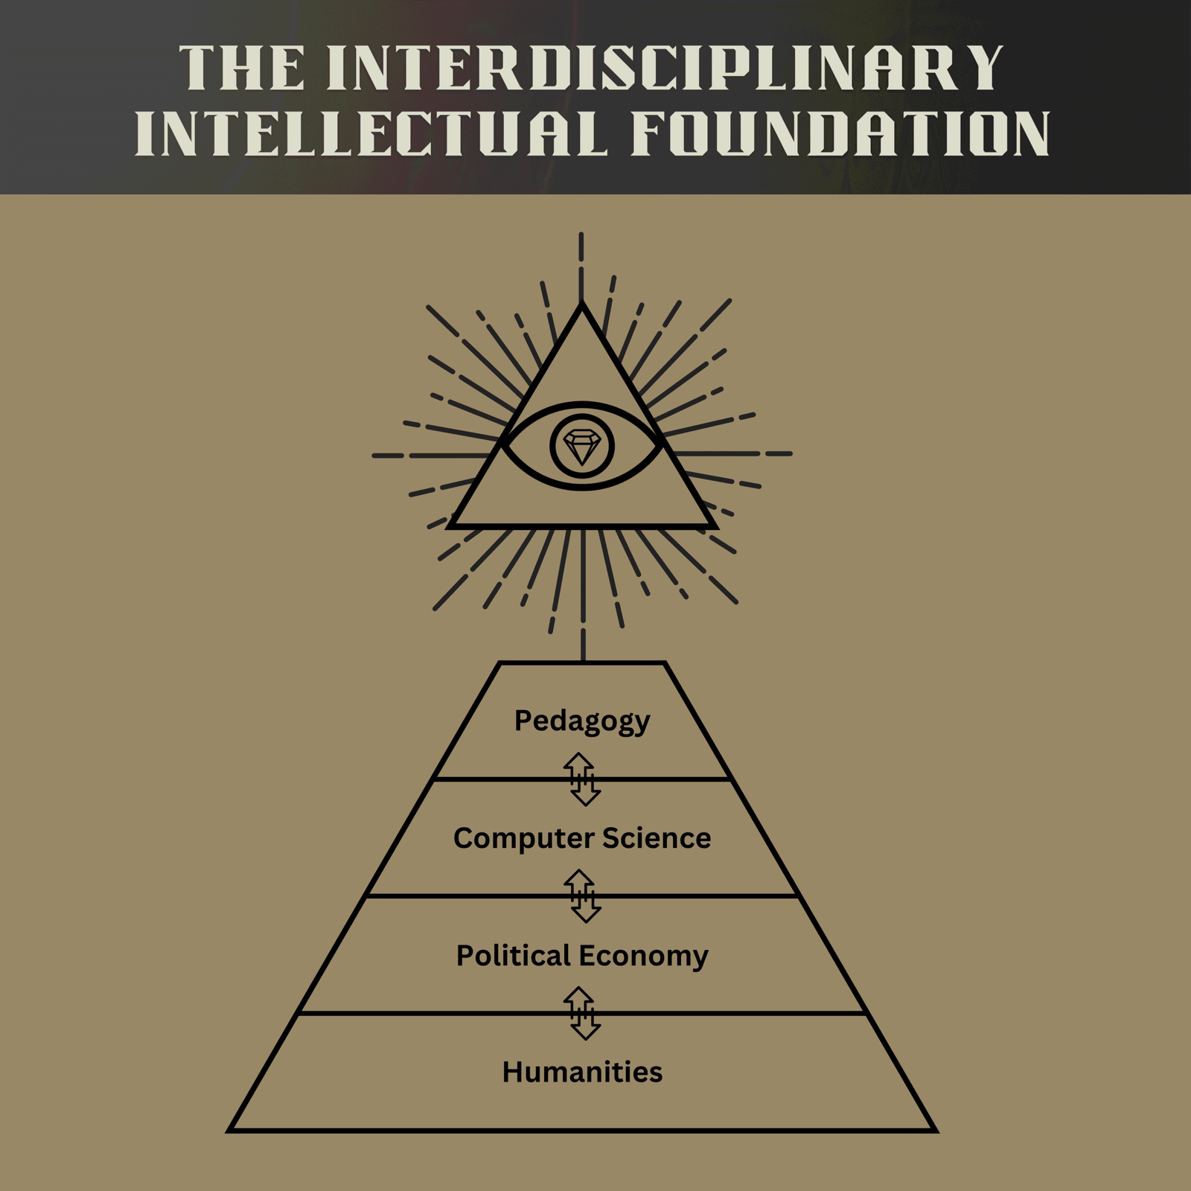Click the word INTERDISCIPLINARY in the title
665,68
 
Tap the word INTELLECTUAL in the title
370,134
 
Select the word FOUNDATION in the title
840,134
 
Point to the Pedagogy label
582,721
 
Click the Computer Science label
582,838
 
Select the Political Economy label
582,956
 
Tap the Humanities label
582,1072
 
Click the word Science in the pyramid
656,838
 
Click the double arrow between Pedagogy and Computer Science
582,779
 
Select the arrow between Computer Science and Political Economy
582,896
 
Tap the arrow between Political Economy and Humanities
582,1013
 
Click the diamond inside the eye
582,447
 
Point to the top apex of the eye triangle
582,305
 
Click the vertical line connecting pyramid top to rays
583,645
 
